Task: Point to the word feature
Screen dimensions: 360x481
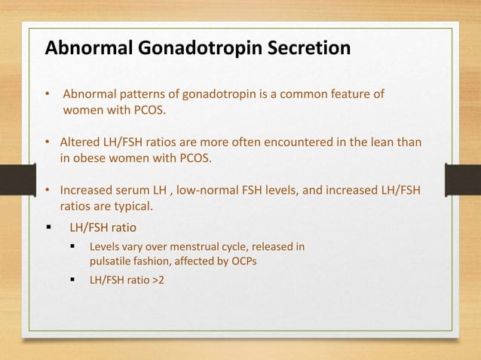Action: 354,95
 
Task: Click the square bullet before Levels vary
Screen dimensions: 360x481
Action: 73,246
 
